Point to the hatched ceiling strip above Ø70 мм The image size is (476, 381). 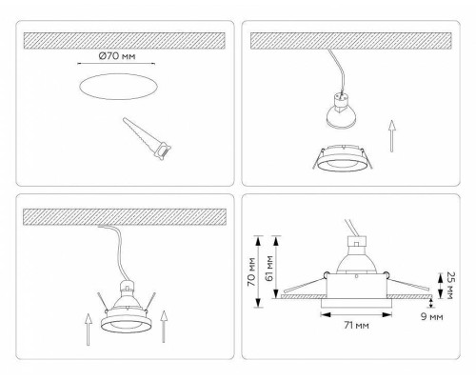[124, 41]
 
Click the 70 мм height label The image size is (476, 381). [250, 271]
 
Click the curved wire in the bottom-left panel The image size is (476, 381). [120, 252]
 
